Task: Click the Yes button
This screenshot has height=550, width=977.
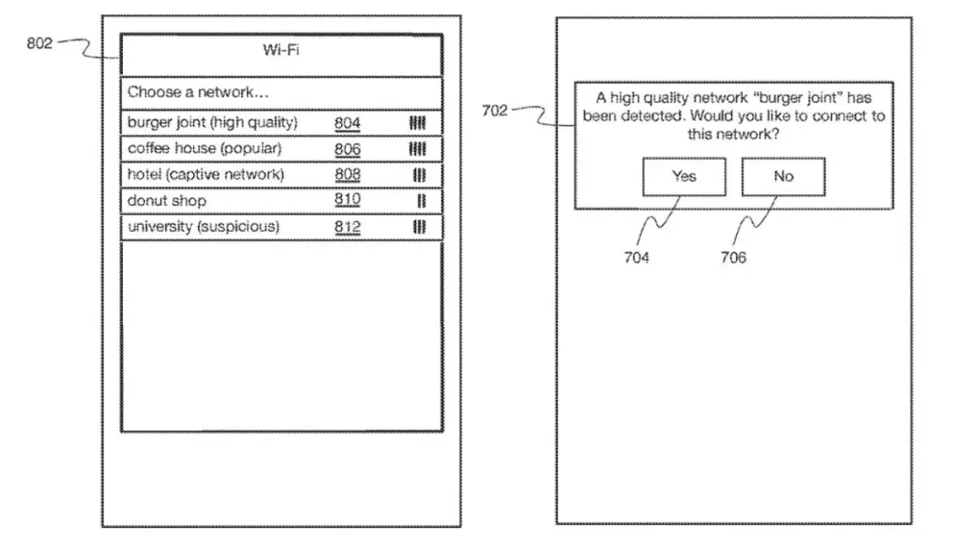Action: tap(684, 177)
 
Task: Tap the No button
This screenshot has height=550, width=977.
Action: tap(783, 177)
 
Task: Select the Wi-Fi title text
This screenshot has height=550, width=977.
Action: tap(281, 50)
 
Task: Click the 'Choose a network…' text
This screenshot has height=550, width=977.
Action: tap(198, 92)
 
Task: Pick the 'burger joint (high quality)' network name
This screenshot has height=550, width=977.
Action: tap(212, 123)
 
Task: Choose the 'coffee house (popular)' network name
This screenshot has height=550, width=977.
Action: tap(205, 149)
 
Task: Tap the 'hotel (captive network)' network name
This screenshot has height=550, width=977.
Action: tap(206, 174)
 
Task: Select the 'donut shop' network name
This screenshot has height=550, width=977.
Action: tap(167, 200)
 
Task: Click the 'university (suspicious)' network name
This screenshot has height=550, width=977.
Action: tap(203, 227)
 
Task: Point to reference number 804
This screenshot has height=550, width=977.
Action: tap(347, 123)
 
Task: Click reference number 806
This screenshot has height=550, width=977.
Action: tap(347, 149)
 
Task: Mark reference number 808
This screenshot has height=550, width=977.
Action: tap(347, 175)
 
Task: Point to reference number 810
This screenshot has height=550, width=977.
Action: tap(347, 200)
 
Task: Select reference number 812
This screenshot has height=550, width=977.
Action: tap(347, 227)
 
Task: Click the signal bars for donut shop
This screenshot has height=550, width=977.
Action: tap(421, 200)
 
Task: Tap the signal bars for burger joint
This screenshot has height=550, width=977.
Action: tap(418, 123)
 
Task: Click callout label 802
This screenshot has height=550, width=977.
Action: tap(40, 43)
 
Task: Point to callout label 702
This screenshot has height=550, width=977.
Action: tap(494, 111)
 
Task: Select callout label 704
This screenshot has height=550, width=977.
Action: tap(636, 257)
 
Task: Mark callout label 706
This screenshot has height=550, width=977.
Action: tap(734, 257)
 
